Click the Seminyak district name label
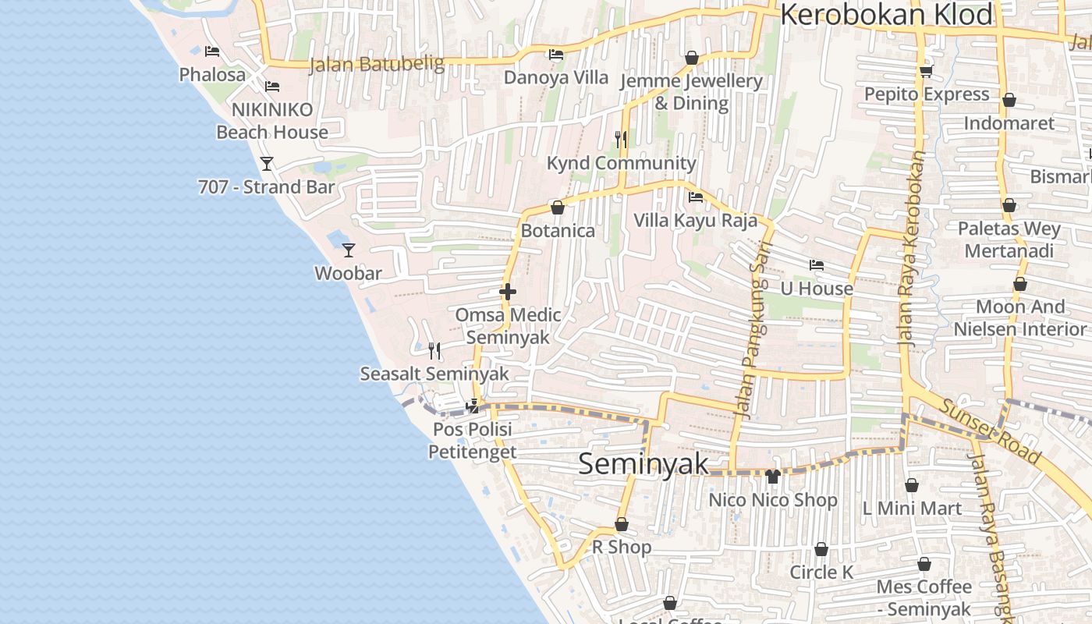tap(643, 464)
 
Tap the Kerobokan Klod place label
tap(887, 15)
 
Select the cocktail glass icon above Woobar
tap(349, 250)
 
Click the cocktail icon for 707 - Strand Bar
tap(267, 163)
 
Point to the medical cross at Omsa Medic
tap(508, 292)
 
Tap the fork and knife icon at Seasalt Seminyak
tap(434, 350)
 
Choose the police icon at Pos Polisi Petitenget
tap(472, 406)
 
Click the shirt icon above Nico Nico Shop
tap(772, 476)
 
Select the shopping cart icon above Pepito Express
tap(926, 71)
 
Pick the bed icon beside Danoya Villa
tap(555, 55)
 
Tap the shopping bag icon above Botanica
tap(557, 207)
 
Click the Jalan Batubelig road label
tap(377, 63)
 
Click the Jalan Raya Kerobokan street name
tap(912, 248)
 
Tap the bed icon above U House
tap(817, 265)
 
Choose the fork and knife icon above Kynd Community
tap(621, 139)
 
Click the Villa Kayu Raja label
tap(695, 221)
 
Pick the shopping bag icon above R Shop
tap(622, 524)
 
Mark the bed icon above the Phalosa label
tap(212, 51)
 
